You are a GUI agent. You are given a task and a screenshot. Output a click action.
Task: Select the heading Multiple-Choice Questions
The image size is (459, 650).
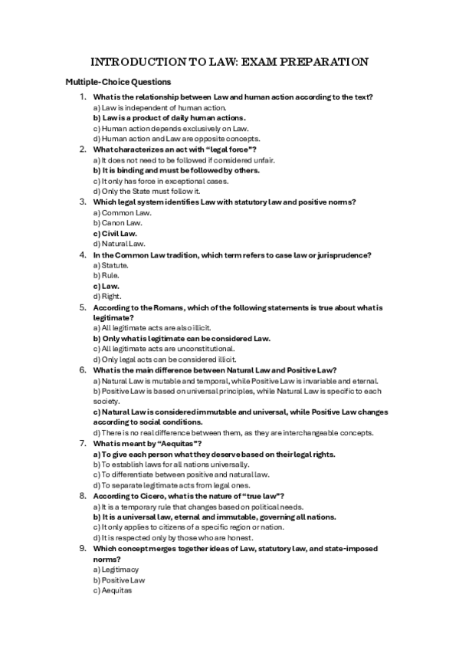click(118, 82)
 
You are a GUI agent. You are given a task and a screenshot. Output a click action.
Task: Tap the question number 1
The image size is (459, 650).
click(83, 97)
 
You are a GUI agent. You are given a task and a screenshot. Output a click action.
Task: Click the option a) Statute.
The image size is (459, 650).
click(110, 264)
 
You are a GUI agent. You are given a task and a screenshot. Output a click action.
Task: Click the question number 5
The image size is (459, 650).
click(83, 307)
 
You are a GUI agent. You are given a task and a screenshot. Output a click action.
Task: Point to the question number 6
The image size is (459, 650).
click(83, 369)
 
